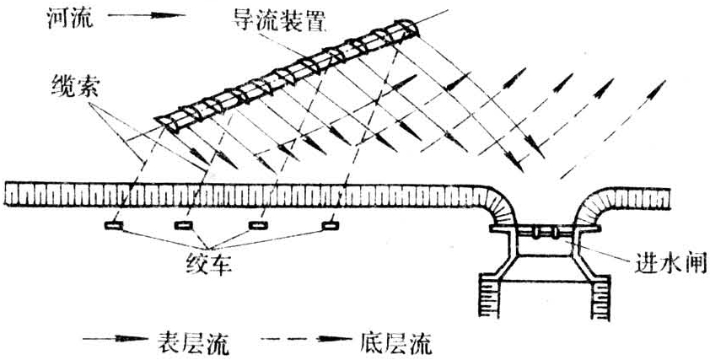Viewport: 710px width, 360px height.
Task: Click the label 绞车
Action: pos(210,264)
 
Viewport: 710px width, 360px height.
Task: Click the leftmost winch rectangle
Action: pos(111,226)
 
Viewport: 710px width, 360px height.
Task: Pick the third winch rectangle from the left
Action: pos(259,226)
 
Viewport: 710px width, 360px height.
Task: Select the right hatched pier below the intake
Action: pos(605,296)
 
